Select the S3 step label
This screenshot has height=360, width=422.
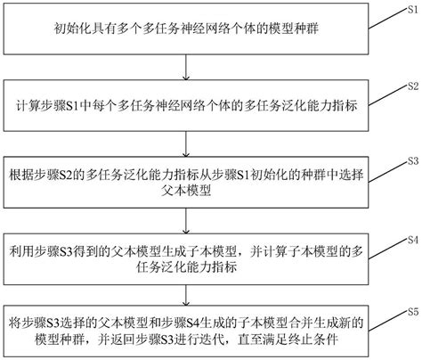pos(411,160)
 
